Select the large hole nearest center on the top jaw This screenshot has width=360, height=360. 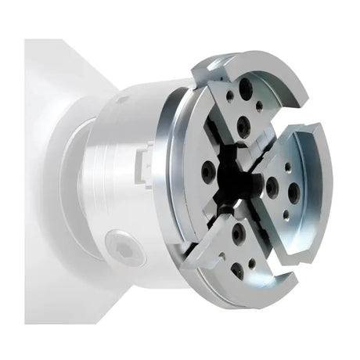[244, 123]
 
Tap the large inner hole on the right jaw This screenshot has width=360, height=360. [272, 187]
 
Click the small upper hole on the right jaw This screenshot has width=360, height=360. [287, 167]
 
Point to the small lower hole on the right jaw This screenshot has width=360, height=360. [286, 213]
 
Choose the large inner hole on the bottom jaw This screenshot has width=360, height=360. [238, 232]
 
